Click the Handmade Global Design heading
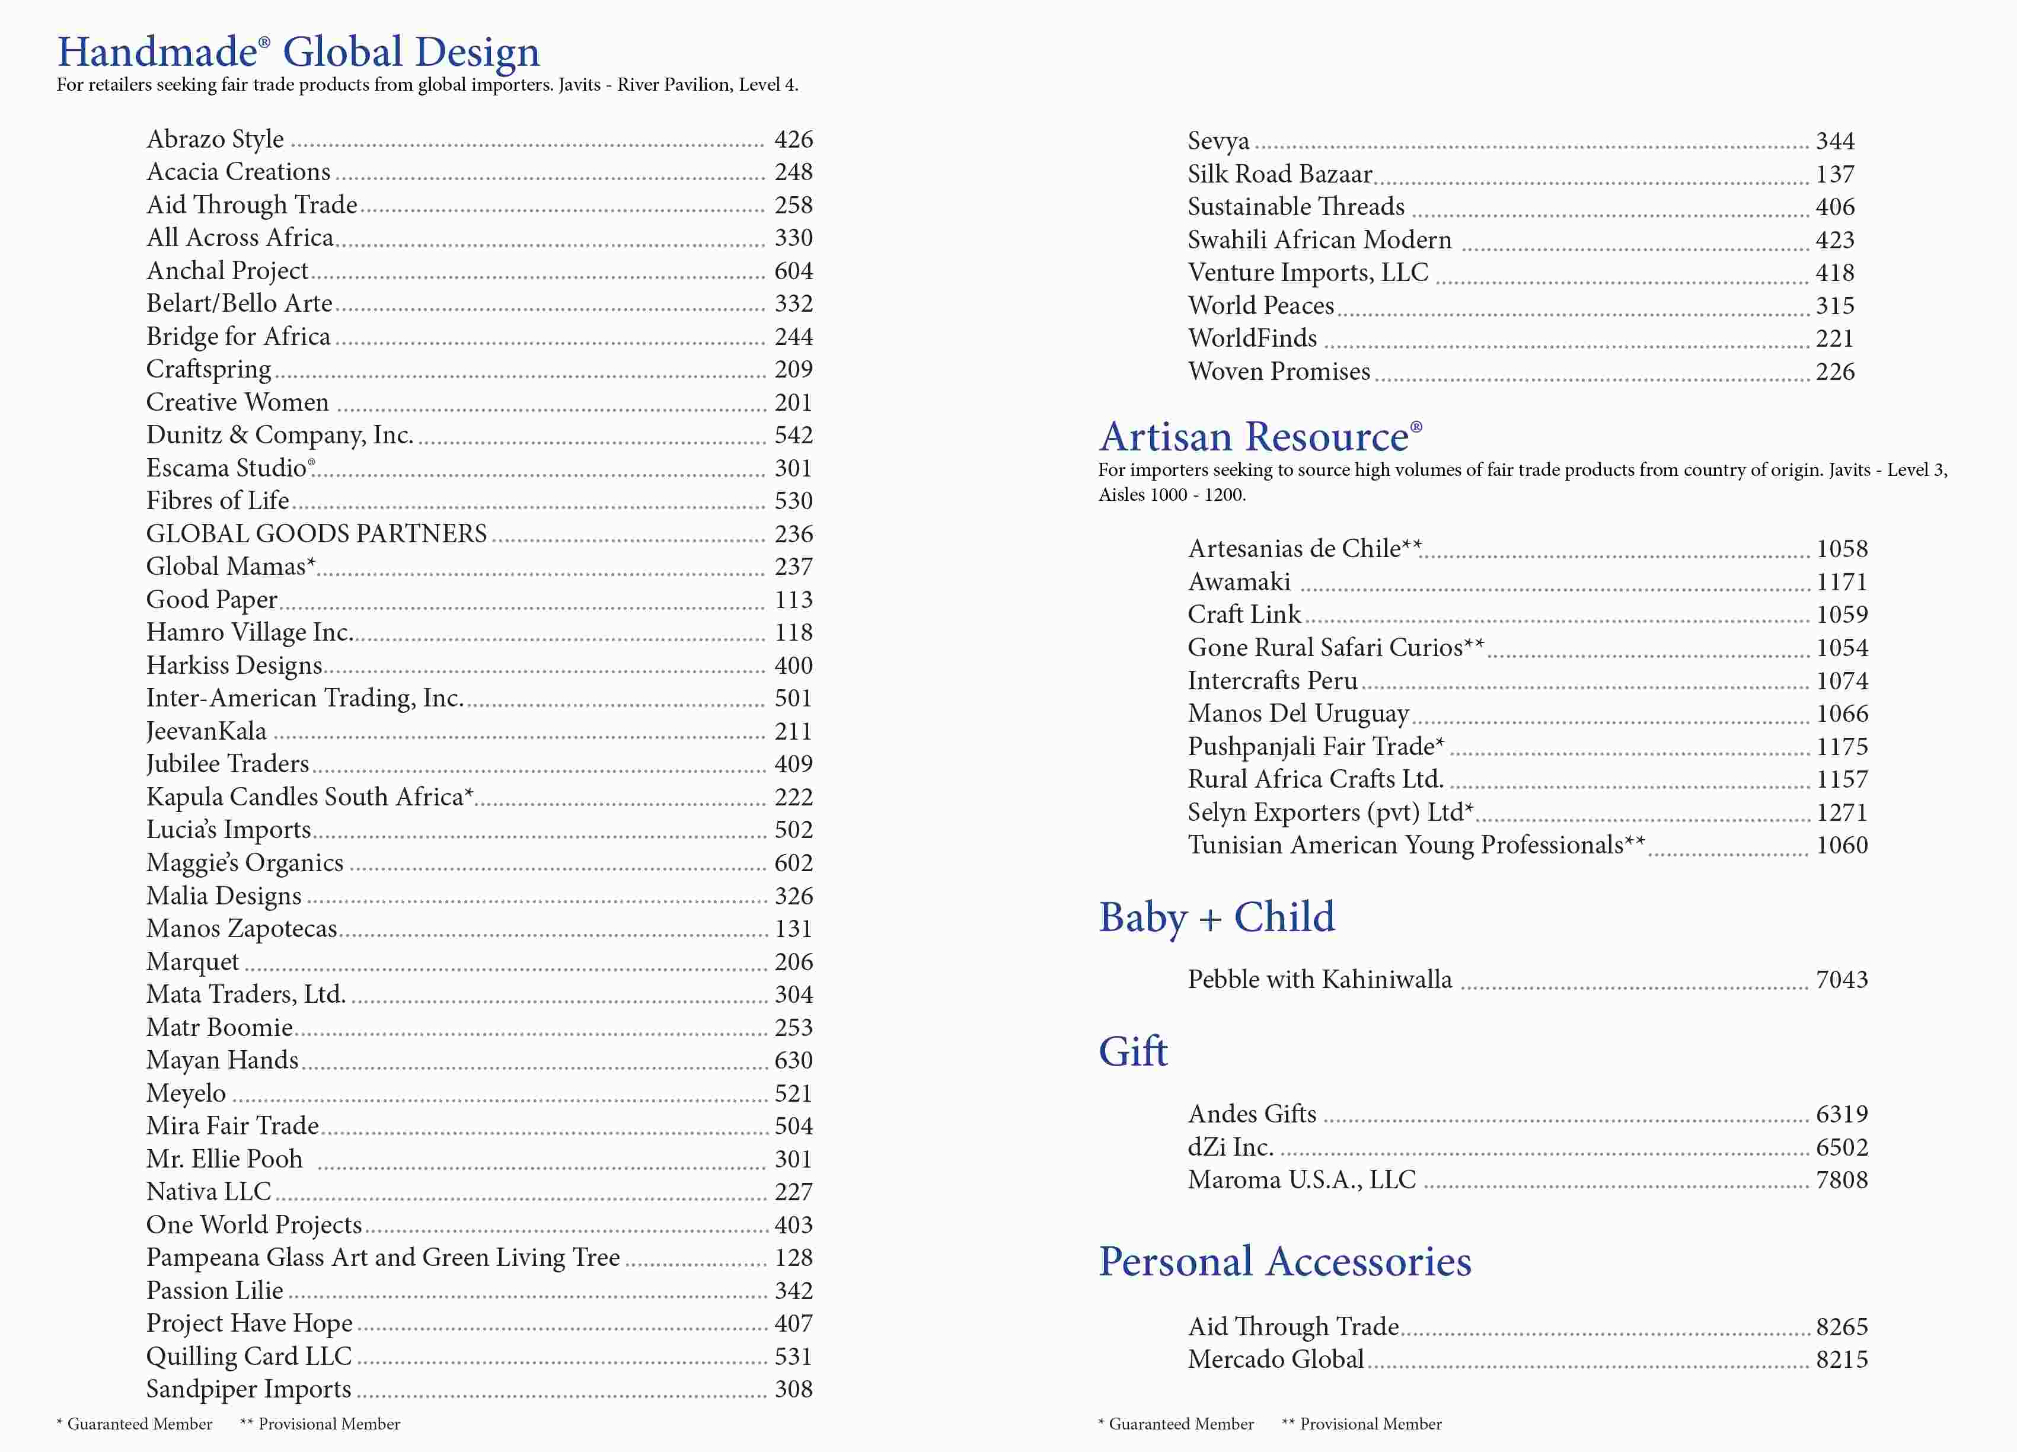click(298, 52)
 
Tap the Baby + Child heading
click(1217, 917)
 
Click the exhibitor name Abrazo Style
click(215, 140)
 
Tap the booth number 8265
click(1841, 1326)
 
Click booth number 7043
click(1841, 979)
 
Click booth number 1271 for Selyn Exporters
click(1841, 812)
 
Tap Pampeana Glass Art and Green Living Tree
click(382, 1257)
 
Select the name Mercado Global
click(1275, 1360)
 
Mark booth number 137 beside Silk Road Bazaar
click(1834, 174)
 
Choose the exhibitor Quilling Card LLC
click(249, 1356)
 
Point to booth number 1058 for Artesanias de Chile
click(1841, 549)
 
